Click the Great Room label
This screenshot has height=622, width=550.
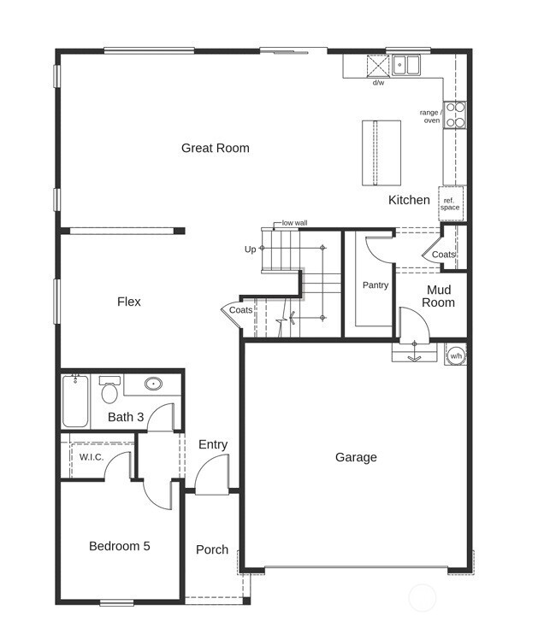[216, 148]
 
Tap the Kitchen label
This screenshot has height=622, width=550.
[409, 200]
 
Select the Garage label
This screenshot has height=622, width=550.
[356, 457]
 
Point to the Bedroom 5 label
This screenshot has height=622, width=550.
[120, 546]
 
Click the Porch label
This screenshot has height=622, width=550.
[212, 549]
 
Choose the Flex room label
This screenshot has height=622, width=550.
[129, 302]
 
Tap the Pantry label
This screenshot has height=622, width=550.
[376, 285]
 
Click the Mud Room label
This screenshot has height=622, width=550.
[439, 296]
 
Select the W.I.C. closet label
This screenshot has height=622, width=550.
[92, 457]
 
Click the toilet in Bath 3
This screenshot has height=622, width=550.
[109, 389]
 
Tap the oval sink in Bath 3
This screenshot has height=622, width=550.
[153, 384]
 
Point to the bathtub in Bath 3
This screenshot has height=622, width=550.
[75, 401]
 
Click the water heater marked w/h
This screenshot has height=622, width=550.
[456, 355]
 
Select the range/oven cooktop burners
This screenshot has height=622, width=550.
[455, 115]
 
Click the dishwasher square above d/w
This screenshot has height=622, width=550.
[378, 66]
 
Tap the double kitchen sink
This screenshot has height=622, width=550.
[405, 65]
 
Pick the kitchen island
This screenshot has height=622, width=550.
[381, 153]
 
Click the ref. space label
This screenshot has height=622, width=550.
[450, 204]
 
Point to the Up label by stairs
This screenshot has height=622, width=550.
[250, 249]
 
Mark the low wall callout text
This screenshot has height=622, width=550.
[294, 223]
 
